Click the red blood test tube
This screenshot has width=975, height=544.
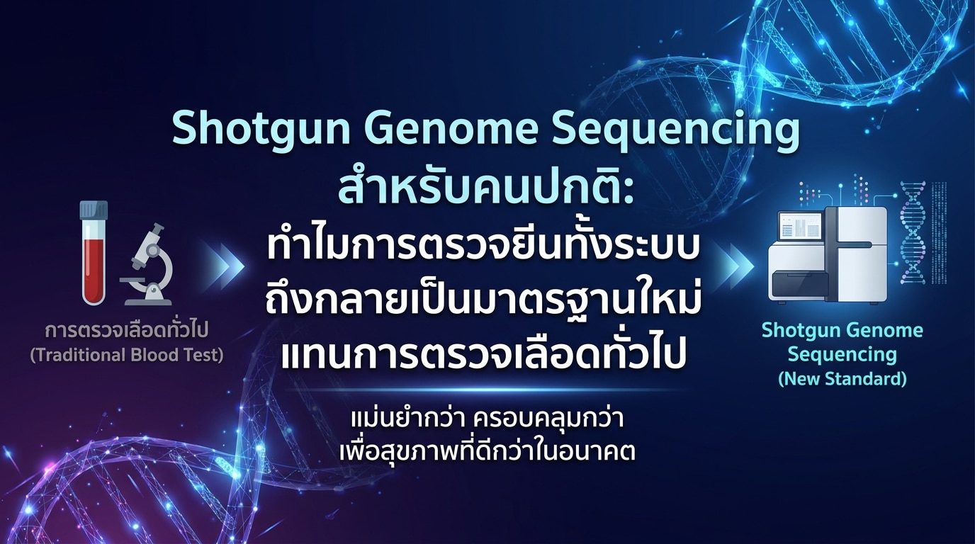94,253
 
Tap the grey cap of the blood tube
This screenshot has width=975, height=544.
94,210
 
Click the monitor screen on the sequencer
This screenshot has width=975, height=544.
801,227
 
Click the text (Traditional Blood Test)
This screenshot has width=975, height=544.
127,355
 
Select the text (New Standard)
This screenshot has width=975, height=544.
842,379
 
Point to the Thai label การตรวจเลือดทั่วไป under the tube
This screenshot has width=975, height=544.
127,329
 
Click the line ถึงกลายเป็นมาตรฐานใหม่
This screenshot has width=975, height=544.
483,300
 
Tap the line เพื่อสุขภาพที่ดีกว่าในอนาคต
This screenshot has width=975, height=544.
487,450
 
